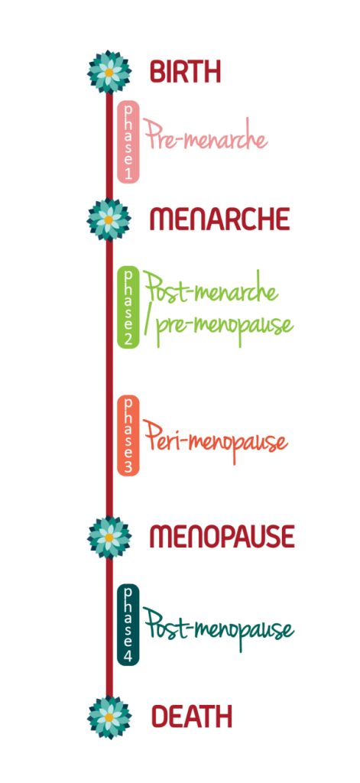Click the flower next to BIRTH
pos(109,72)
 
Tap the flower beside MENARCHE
pos(109,219)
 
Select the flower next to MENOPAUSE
pos(109,537)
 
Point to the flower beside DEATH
pos(109,717)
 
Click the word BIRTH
pos(185,72)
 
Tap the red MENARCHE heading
pos(219,220)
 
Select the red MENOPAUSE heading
pos(222,537)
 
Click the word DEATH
pos(191,717)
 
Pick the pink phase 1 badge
pos(128,142)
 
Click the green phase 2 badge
pos(128,308)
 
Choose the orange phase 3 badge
pos(128,435)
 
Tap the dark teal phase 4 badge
pos(128,625)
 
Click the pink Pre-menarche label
pos(206,138)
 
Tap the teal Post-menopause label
pos(219,629)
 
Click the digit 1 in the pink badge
pos(128,174)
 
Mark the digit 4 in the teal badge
pos(128,656)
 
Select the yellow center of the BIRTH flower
pos(109,73)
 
